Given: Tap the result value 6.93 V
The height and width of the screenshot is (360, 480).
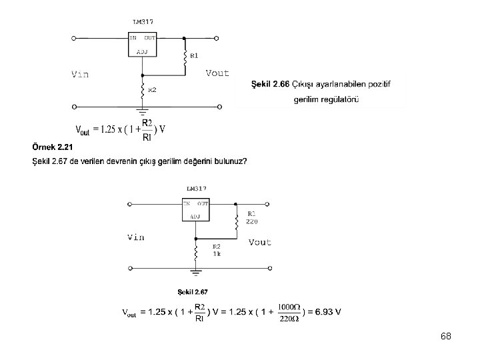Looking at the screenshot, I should (329, 311).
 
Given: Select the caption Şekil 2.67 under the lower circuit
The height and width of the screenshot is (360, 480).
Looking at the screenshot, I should (193, 291).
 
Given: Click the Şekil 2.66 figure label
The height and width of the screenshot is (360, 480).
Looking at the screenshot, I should (270, 85).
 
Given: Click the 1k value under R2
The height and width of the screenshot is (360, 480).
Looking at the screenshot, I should (217, 254).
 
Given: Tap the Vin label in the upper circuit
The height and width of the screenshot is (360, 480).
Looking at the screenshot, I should (80, 75).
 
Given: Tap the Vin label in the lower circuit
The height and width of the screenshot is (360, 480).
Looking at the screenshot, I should (135, 237).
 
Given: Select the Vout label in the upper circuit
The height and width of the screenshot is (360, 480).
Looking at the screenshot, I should (217, 73).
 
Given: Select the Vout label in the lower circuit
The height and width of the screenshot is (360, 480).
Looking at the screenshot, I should (260, 242).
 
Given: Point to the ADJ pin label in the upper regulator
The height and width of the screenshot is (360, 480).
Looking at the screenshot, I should (142, 51).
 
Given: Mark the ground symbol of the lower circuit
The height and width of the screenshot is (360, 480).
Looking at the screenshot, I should (196, 272).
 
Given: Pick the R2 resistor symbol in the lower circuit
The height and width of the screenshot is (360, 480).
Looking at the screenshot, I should (196, 251).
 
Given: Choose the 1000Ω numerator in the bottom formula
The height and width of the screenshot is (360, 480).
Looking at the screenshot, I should (289, 306).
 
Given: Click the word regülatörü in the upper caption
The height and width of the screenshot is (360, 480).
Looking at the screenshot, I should (337, 100).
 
